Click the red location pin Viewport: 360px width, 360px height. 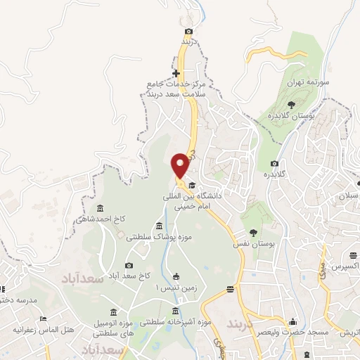click(181, 165)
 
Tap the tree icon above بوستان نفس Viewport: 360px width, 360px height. click(253, 232)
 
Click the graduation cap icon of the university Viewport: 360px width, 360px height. click(191, 185)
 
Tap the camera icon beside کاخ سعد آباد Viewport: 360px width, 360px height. click(129, 265)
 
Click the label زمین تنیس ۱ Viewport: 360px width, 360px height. click(173, 289)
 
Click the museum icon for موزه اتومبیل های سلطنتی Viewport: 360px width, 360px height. click(114, 312)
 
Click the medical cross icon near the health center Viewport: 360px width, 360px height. click(176, 73)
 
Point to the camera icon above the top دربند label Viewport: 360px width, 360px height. click(188, 31)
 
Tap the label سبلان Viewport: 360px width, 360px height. click(349, 195)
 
